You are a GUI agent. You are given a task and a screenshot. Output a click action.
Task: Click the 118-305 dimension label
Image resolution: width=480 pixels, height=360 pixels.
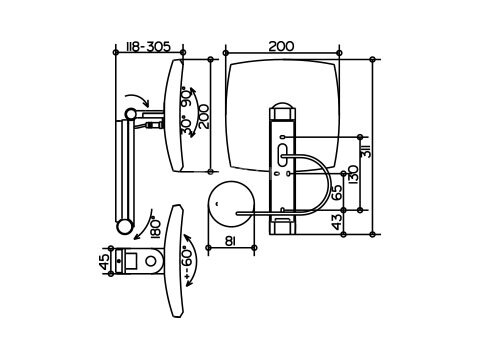pos(148,46)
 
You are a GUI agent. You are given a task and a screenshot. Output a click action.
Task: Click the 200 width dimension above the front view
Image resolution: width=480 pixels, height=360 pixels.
pos(281,46)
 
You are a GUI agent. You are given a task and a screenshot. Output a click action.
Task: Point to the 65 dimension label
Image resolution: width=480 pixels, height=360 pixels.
pos(337,192)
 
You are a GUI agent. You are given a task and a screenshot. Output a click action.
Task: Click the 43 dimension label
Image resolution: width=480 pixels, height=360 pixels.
pos(337,222)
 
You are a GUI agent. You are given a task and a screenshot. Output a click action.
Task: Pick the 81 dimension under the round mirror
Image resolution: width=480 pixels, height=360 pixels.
pos(231,241)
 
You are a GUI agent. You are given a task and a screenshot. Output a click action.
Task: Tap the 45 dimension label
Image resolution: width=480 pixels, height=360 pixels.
pos(105,261)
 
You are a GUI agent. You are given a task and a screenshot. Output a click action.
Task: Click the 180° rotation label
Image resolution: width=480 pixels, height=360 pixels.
pos(156,228)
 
